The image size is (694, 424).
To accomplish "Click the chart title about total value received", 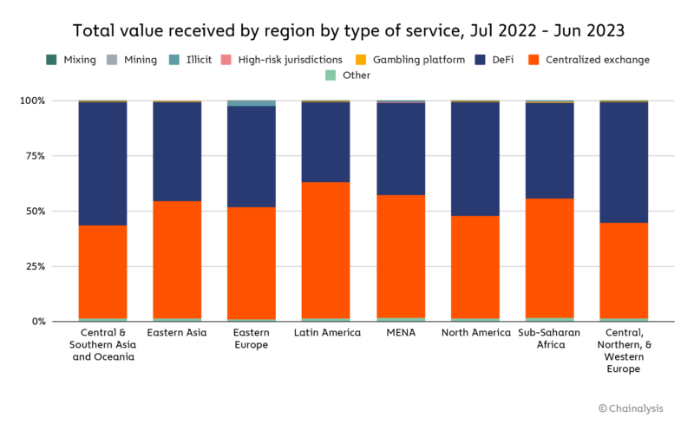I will (347, 30).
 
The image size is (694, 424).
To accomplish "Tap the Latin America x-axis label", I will (326, 333).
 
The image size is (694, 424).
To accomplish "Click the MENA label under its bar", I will (401, 333).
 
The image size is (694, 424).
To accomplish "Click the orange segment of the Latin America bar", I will (326, 251).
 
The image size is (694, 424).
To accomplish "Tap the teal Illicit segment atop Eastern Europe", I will (252, 103).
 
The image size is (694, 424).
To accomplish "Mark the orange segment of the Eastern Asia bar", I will (177, 260).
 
